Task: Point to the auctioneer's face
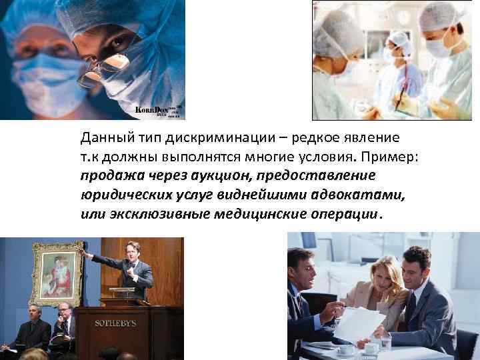coord(132,249)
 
